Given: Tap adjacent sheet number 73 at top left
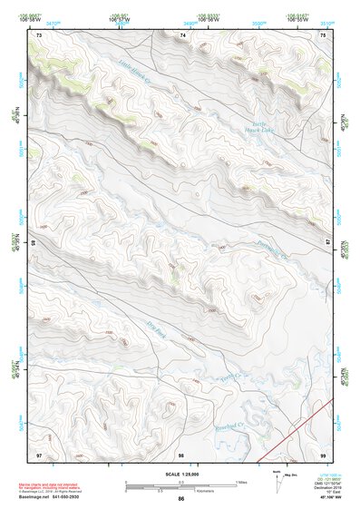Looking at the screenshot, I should [39, 35].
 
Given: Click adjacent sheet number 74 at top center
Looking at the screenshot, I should [181, 35].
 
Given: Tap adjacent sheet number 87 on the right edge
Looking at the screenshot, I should [329, 242].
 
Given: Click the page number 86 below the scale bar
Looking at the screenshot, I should [180, 499].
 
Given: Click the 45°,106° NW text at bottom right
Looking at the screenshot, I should [316, 497].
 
